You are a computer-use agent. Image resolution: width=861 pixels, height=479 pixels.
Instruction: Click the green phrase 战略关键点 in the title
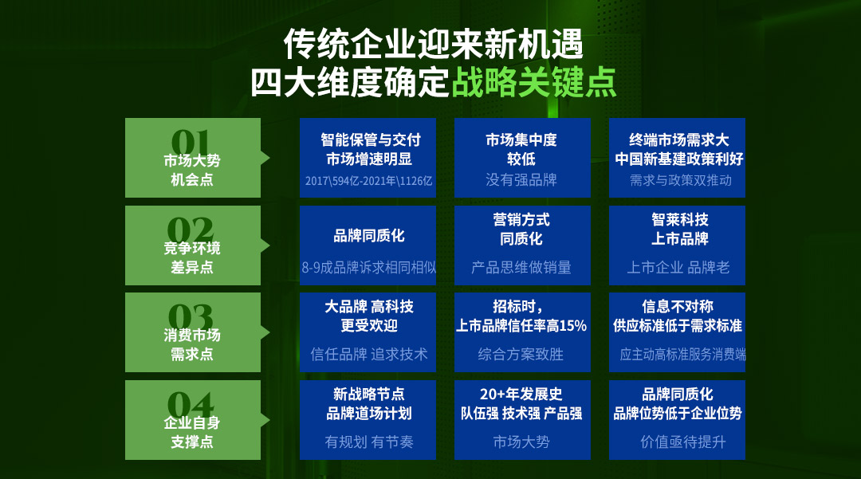pyautogui.click(x=533, y=83)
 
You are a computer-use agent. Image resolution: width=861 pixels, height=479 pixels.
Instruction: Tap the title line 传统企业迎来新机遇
pyautogui.click(x=433, y=45)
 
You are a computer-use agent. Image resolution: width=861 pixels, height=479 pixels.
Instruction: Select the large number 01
pyautogui.click(x=190, y=142)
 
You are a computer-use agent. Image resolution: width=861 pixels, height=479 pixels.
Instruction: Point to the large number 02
pyautogui.click(x=190, y=230)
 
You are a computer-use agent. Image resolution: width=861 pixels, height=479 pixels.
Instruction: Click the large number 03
pyautogui.click(x=190, y=316)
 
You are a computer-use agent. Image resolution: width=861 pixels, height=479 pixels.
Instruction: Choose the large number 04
pyautogui.click(x=190, y=404)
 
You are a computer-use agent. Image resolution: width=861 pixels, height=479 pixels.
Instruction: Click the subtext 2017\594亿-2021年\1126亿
pyautogui.click(x=368, y=180)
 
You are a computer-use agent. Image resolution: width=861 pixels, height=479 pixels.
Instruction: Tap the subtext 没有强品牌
pyautogui.click(x=521, y=180)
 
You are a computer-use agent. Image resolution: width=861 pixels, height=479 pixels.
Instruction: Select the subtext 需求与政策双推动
pyautogui.click(x=680, y=180)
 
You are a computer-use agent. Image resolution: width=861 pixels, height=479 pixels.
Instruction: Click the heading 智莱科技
pyautogui.click(x=680, y=219)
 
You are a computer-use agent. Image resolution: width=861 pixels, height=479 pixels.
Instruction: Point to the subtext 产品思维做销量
pyautogui.click(x=521, y=267)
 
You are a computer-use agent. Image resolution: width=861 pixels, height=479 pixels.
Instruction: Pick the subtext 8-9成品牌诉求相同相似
pyautogui.click(x=368, y=267)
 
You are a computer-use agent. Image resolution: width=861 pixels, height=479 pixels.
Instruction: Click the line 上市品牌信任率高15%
pyautogui.click(x=521, y=325)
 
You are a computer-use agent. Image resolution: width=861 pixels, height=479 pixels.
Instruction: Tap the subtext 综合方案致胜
pyautogui.click(x=521, y=354)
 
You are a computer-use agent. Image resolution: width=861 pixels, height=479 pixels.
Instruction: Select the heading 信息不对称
pyautogui.click(x=678, y=306)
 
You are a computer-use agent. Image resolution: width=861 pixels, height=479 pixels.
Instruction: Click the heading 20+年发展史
pyautogui.click(x=521, y=394)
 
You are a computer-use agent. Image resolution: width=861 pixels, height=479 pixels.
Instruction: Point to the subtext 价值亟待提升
pyautogui.click(x=682, y=442)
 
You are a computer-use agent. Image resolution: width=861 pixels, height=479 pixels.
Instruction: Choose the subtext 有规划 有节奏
pyautogui.click(x=369, y=442)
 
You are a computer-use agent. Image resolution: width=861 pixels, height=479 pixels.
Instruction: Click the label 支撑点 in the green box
pyautogui.click(x=191, y=442)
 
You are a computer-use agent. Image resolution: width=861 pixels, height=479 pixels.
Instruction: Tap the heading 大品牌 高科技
pyautogui.click(x=369, y=306)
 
